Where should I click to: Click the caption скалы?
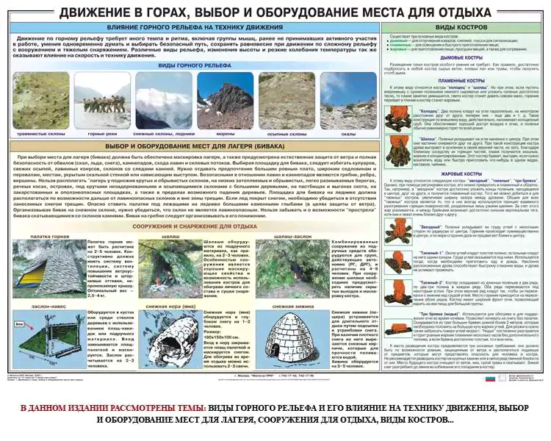pos(348,134)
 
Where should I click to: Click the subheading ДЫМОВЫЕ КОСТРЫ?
pos(461,57)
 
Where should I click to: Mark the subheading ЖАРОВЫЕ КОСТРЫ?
pos(461,173)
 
